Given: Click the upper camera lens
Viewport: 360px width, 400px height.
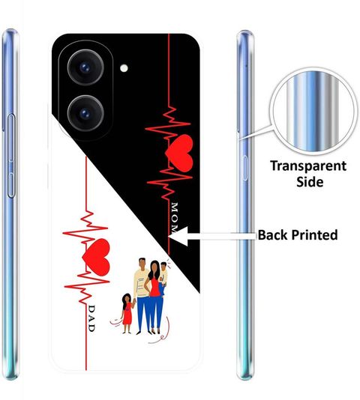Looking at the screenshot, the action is pos(85,67).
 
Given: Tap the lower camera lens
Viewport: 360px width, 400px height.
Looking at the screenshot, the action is pos(85,113).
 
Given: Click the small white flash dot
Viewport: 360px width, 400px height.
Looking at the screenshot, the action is pos(124,68).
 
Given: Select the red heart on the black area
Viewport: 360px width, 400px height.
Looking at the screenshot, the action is pos(178,154).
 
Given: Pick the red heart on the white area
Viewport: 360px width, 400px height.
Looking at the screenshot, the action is pos(96,257).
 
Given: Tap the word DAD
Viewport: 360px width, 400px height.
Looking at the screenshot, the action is pos(91,318).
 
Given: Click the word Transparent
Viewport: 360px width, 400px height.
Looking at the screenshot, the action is pos(308,166).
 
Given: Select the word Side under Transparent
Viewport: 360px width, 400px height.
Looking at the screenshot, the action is pos(310,181).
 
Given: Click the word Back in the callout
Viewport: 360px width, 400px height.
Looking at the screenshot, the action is pos(272,234).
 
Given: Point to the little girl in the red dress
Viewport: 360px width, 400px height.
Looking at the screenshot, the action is pos(127,313).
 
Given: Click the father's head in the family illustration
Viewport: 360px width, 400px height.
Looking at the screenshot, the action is pos(142,264).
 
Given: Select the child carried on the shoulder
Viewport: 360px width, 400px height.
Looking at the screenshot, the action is pos(163,278).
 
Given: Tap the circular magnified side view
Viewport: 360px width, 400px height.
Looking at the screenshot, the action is pos(313,111).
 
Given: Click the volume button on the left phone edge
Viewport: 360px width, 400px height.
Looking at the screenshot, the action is pos(11,156).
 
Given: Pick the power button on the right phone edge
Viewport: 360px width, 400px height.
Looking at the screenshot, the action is pos(245,168).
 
